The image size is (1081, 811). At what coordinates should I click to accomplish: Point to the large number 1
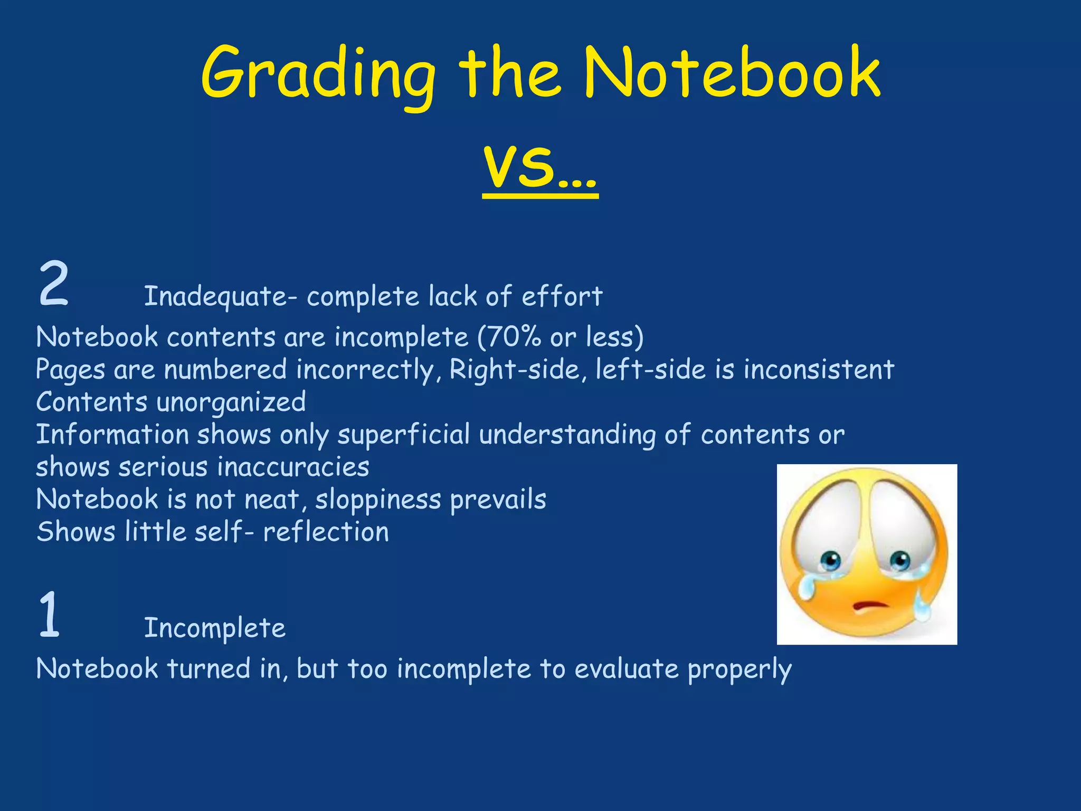click(49, 615)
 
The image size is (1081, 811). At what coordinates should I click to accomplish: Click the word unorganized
click(231, 402)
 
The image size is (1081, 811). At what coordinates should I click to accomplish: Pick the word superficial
click(403, 435)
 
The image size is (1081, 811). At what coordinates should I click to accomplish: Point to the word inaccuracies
click(293, 467)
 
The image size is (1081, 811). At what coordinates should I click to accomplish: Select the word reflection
click(326, 532)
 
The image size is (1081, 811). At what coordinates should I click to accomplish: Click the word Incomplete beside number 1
click(215, 628)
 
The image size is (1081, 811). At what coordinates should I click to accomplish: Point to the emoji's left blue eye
click(831, 559)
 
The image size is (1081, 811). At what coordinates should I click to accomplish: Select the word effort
click(562, 296)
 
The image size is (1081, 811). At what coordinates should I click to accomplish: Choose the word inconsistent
click(819, 369)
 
